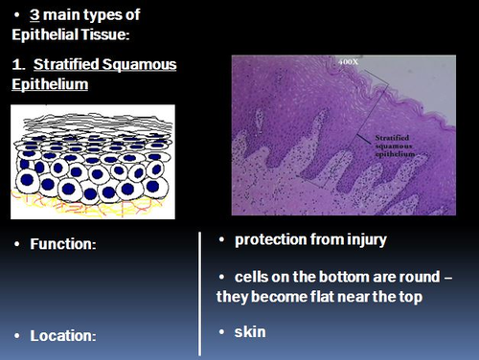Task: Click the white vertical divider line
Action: pyautogui.click(x=199, y=287)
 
